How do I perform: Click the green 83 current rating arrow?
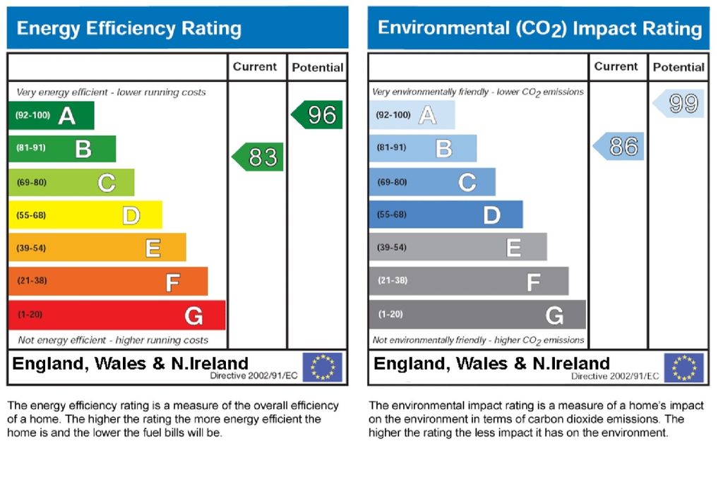click(258, 157)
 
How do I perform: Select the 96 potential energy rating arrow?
click(318, 115)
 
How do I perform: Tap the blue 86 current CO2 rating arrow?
click(619, 146)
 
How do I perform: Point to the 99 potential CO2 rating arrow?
click(679, 103)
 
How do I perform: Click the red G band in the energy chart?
click(116, 315)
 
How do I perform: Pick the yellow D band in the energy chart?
click(85, 215)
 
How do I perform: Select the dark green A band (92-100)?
click(51, 116)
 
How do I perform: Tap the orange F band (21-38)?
click(107, 282)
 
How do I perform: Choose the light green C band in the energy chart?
click(71, 183)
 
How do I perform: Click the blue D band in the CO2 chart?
click(446, 215)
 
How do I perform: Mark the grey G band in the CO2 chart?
click(477, 315)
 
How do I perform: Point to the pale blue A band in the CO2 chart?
click(412, 115)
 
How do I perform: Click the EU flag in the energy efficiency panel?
click(322, 367)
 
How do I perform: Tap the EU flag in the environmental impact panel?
click(683, 368)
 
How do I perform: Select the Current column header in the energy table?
click(255, 67)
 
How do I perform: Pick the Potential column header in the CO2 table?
click(679, 68)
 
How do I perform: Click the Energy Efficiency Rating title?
click(129, 29)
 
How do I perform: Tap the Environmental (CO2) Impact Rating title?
click(539, 28)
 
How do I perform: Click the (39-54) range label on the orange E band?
click(32, 248)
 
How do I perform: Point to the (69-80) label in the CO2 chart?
click(393, 182)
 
